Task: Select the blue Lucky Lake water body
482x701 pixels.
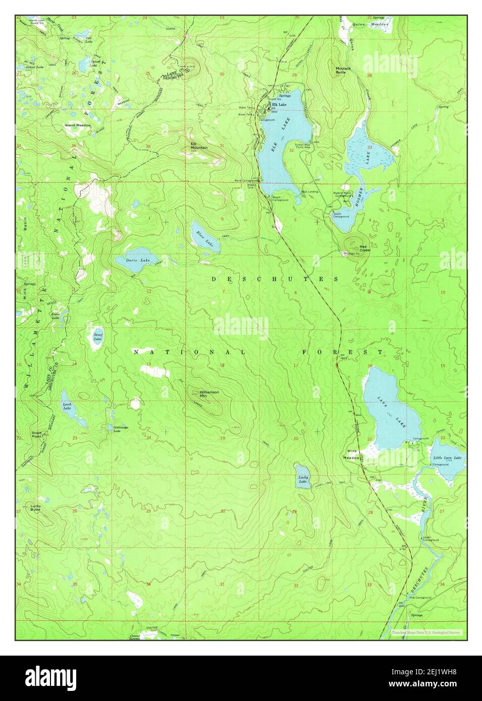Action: coord(303,477)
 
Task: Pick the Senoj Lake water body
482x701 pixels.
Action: coord(97,337)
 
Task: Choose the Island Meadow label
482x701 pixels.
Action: coord(77,125)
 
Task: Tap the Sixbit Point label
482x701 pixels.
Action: coord(36,434)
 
